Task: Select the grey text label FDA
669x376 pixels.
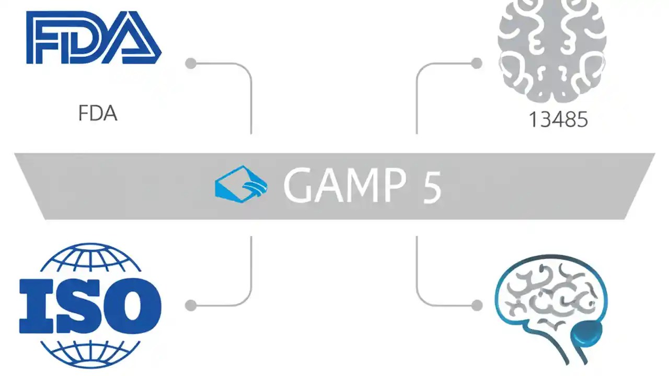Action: (x=98, y=113)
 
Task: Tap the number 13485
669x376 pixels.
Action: (x=558, y=120)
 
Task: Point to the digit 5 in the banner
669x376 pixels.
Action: (x=432, y=186)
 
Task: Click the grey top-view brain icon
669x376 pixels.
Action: (x=552, y=50)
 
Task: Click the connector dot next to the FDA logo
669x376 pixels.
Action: (x=191, y=64)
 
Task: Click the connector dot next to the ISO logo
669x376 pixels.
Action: (x=191, y=305)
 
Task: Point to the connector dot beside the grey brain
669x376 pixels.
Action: (x=476, y=64)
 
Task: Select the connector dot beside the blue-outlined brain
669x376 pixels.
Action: (x=476, y=305)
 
